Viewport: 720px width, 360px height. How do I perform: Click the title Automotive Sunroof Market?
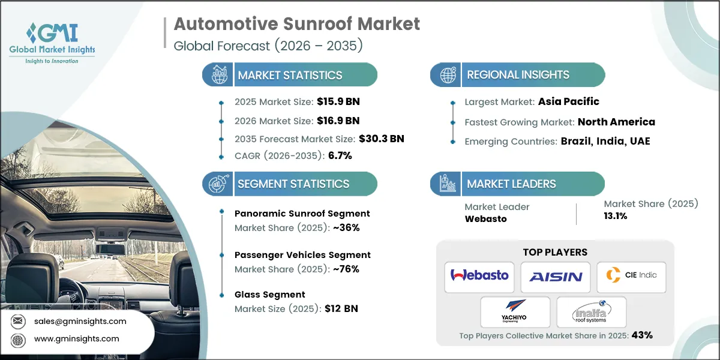coord(296,25)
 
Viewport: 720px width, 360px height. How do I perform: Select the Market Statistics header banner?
coord(290,75)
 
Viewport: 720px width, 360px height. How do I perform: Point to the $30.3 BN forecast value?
coord(381,139)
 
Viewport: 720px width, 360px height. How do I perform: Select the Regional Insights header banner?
coord(517,75)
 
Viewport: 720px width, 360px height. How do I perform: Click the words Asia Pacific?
coord(569,101)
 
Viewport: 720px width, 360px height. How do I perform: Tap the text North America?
coord(616,122)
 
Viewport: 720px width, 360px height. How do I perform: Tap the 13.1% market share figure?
coord(616,216)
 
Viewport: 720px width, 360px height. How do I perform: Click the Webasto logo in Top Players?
coord(479,276)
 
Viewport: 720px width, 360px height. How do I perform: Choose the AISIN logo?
coord(555,277)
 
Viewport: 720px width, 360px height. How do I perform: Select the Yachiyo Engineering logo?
coord(515,312)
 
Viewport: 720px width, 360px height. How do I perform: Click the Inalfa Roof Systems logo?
coord(591,312)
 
